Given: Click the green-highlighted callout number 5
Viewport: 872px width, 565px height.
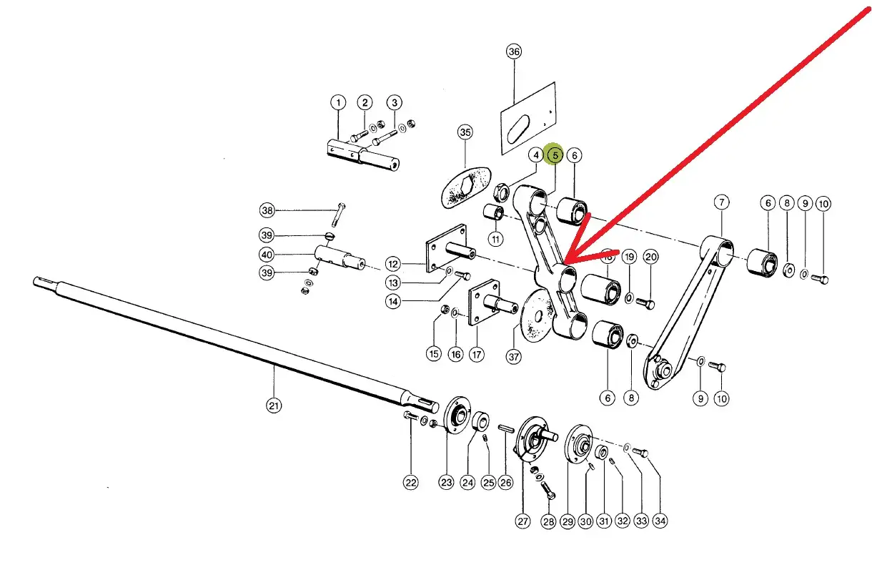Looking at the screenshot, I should [553, 154].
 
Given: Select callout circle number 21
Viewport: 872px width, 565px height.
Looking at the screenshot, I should [274, 406].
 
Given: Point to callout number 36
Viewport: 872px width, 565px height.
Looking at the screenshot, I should [514, 51].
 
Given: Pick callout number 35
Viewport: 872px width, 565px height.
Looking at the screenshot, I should [465, 132].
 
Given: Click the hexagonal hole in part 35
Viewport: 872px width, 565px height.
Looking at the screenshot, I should [465, 187].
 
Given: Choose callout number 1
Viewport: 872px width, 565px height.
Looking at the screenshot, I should [337, 102].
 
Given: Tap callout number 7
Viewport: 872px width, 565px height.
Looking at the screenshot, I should [720, 203].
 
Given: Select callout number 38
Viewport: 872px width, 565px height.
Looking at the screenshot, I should [267, 210].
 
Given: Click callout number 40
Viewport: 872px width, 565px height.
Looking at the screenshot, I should [267, 255].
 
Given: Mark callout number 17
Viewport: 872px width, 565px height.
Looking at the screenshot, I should [476, 354].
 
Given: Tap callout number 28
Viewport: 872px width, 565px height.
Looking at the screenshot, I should [548, 521].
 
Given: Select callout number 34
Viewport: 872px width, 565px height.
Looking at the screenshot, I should [660, 521].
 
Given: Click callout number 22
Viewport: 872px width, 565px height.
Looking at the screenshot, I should [410, 483].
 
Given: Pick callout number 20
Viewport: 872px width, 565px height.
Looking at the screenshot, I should [650, 257].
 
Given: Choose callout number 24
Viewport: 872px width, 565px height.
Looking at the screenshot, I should [467, 483].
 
